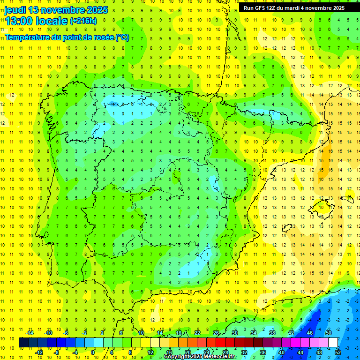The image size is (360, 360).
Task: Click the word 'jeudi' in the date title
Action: [15, 10]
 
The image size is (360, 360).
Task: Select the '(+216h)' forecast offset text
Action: [83, 21]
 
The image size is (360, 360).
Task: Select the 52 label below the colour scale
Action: [338, 352]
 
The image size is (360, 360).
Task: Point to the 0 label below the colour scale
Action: [94, 352]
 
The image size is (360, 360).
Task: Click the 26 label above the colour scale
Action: [216, 333]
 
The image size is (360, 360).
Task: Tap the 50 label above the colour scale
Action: [329, 333]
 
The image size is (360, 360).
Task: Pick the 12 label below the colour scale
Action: [150, 352]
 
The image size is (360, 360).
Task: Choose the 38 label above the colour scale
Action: [272, 333]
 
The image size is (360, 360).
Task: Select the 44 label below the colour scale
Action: [300, 352]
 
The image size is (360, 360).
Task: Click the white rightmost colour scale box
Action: [333, 342]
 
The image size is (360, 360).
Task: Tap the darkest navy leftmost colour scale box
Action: [23, 342]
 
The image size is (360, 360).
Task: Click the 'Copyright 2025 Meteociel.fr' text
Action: [200, 357]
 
